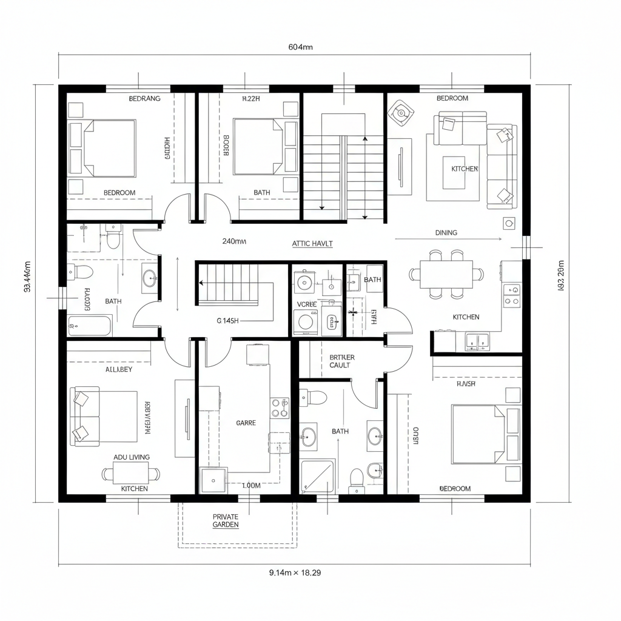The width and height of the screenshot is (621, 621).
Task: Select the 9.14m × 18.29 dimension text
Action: point(295,572)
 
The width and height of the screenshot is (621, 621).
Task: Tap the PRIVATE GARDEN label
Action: point(226,521)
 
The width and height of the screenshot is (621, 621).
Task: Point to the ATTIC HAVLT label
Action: point(312,243)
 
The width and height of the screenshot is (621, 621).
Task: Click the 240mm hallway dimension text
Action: point(234,241)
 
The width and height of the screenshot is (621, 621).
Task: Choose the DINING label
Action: point(446,232)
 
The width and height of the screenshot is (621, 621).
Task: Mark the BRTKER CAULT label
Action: point(342,361)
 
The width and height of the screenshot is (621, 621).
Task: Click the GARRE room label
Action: point(246,423)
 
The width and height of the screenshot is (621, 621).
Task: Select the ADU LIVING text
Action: point(132,457)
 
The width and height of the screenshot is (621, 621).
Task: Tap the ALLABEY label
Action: point(119,369)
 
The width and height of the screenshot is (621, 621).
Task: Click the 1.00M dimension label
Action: point(251,485)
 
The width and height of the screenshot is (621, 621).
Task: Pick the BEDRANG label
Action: point(145,98)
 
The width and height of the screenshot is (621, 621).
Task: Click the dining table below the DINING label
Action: point(446,274)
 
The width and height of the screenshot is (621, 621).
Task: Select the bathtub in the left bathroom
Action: point(90,326)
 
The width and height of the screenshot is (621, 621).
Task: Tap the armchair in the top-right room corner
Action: point(400,112)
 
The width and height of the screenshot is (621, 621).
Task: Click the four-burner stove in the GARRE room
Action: point(280,408)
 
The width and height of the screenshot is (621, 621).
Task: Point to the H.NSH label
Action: point(466,383)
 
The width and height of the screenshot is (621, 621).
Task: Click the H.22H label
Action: point(250,98)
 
